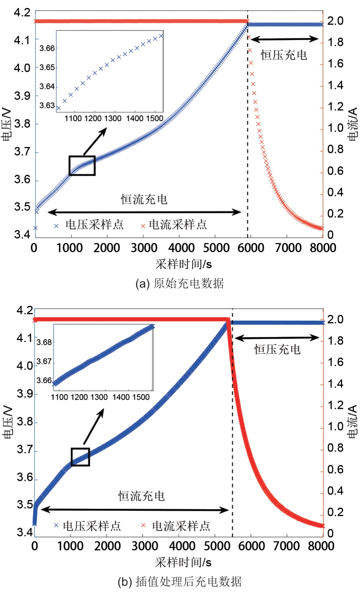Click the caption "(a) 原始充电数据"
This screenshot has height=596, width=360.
click(x=179, y=283)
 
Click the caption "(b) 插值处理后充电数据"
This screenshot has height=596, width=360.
click(x=179, y=582)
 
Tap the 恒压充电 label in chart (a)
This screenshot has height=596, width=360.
click(x=284, y=55)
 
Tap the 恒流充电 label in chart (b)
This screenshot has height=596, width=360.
click(x=141, y=496)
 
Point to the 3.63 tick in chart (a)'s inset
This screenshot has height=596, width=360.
click(x=47, y=105)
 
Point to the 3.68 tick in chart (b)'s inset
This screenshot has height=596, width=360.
click(x=44, y=342)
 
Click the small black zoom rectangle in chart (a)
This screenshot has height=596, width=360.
click(x=82, y=165)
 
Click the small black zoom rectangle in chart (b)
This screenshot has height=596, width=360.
click(x=80, y=457)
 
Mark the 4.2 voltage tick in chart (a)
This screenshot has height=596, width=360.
click(x=22, y=13)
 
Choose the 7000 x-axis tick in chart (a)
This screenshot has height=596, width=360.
click(x=288, y=248)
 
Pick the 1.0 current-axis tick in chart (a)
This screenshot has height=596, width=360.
click(x=335, y=128)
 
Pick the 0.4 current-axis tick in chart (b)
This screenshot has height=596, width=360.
click(x=335, y=491)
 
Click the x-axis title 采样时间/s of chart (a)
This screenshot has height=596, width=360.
click(x=183, y=264)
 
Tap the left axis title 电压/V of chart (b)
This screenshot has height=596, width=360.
click(x=8, y=421)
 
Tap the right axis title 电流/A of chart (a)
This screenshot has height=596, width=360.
click(x=353, y=124)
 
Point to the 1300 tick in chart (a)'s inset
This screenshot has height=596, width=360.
click(x=113, y=118)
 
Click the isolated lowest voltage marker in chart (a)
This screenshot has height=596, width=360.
click(x=35, y=228)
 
